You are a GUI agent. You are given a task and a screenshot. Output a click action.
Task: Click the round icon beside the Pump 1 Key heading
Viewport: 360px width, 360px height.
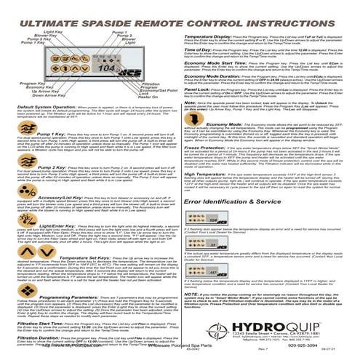click(9, 156)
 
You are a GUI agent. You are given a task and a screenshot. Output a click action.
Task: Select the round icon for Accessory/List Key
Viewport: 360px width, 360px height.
click(9, 217)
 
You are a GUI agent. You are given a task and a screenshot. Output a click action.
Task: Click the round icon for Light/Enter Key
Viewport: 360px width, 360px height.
click(9, 248)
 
